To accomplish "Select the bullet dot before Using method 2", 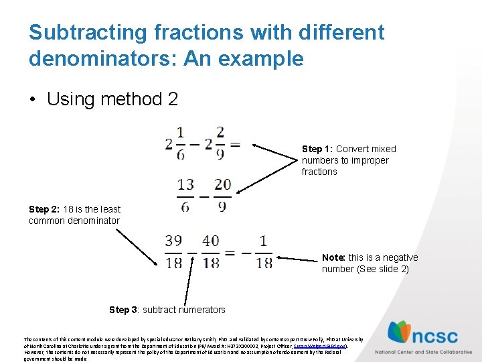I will pos(32,100).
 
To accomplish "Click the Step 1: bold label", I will pos(317,149).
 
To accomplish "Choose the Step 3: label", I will pos(124,310).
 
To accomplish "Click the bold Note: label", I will pos(333,257).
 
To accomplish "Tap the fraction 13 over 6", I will pos(185,194).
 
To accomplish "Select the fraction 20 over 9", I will pos(222,194).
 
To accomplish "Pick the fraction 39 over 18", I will pos(174,252).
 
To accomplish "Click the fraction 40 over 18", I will pos(210,252).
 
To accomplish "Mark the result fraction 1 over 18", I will pos(264,252).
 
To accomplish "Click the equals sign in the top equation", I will pos(235,143).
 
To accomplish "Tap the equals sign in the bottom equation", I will pos(230,253).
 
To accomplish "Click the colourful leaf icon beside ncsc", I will pos(401,333).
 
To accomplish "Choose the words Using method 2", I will pos(112,100).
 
